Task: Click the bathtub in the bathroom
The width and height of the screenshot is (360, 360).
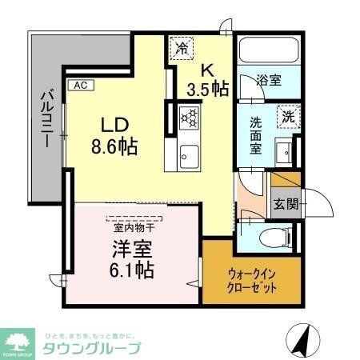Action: click(268, 52)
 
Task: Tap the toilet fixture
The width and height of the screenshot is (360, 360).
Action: click(272, 237)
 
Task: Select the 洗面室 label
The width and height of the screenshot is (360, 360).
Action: click(256, 137)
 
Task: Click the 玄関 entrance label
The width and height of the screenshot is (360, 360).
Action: click(285, 203)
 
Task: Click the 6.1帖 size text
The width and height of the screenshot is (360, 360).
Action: click(130, 269)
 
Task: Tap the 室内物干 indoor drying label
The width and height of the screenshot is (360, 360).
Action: click(133, 227)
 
